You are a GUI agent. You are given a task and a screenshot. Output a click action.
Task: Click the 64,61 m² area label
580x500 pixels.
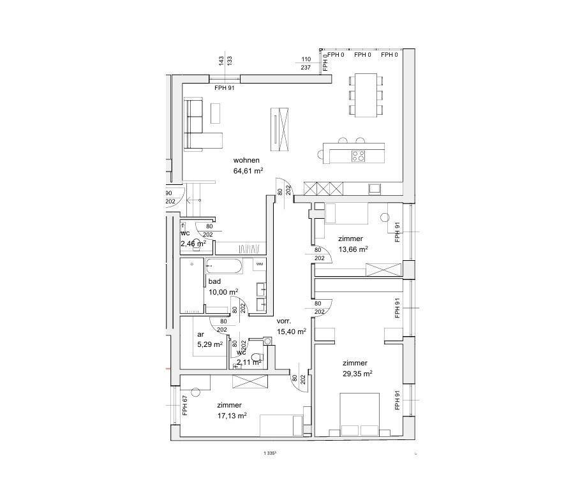(x=248, y=171)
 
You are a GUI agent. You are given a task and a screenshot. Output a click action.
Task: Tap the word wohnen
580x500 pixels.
(x=246, y=160)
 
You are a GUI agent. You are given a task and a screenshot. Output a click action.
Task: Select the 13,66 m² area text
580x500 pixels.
(x=353, y=249)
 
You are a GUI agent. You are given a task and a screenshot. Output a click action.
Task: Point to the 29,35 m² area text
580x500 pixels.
(x=357, y=374)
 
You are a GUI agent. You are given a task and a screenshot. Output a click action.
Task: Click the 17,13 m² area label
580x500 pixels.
(x=232, y=415)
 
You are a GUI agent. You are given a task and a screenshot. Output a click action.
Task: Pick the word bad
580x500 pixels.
(x=214, y=281)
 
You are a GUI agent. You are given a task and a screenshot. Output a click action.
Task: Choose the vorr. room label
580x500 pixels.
(x=284, y=321)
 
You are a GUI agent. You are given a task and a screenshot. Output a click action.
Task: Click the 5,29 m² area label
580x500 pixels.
(x=209, y=344)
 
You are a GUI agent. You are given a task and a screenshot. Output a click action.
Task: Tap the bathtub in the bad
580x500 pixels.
(x=224, y=266)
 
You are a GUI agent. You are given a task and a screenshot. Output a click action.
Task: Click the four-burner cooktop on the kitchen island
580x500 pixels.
(x=358, y=154)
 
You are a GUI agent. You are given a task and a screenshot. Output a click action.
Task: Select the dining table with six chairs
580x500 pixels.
(x=366, y=94)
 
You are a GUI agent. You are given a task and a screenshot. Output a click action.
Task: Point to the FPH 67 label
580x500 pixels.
(x=184, y=406)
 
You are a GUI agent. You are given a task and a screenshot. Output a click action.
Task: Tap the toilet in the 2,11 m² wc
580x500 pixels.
(x=257, y=357)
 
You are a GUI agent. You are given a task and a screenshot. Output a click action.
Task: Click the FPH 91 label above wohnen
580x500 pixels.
(x=225, y=88)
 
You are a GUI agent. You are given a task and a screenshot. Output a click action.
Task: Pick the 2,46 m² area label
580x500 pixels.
(x=193, y=244)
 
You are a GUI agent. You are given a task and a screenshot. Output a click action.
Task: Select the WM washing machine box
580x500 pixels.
(x=259, y=263)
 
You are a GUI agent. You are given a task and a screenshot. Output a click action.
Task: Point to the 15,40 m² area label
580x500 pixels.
(x=292, y=332)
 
